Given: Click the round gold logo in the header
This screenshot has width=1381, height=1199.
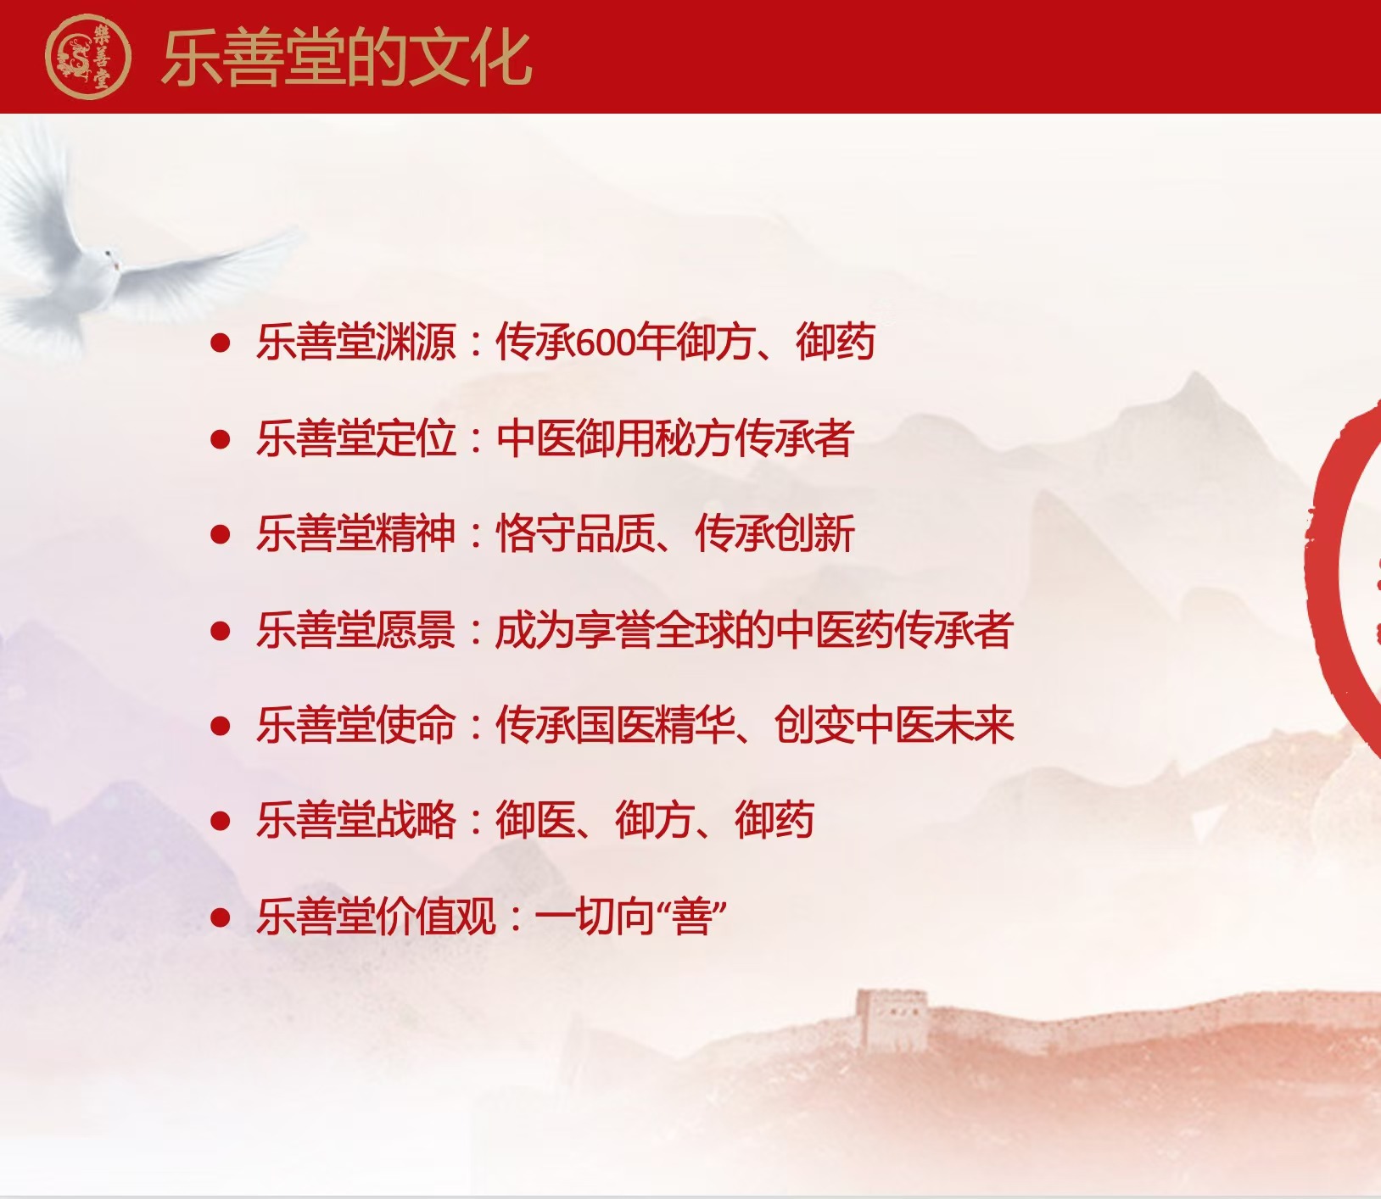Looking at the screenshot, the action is click(88, 57).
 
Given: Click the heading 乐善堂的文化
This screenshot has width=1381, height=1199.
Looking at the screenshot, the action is click(346, 58).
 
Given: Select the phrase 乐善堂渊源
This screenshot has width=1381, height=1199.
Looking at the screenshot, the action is click(356, 343).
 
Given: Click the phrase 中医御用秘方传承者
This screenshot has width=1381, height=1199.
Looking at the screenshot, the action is click(674, 438).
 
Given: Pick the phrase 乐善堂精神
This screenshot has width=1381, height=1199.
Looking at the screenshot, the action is click(356, 534).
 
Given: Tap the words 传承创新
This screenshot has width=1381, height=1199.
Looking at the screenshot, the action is click(774, 534).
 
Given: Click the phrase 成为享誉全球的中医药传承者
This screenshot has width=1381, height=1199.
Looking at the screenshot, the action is click(754, 630).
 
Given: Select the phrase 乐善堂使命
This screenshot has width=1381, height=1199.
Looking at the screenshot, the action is click(356, 726).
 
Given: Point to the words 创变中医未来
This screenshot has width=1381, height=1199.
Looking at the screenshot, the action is click(894, 726).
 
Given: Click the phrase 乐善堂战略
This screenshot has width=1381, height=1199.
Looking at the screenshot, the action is click(356, 821).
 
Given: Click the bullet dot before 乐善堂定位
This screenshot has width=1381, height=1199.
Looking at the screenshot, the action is click(221, 439).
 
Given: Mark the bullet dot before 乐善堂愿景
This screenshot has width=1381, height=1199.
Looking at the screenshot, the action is click(221, 631).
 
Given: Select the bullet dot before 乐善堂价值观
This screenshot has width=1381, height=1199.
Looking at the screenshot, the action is click(221, 917).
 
